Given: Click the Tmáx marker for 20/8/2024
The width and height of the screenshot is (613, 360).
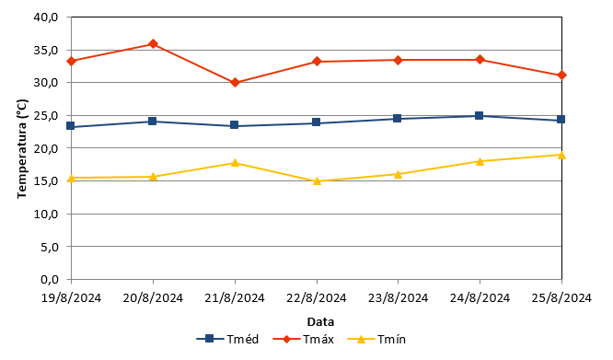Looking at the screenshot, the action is click(x=153, y=44).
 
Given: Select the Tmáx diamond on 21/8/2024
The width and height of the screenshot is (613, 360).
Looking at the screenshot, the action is click(x=235, y=83).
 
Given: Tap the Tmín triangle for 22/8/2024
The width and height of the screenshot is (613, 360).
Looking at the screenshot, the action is click(x=317, y=181).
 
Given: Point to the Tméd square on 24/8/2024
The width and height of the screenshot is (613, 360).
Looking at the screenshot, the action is click(x=480, y=116).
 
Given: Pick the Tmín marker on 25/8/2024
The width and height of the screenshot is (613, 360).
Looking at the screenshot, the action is click(x=561, y=156).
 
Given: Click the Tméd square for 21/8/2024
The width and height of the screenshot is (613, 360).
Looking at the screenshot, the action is click(x=234, y=125).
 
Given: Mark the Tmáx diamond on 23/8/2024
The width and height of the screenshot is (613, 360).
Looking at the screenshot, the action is click(x=398, y=60).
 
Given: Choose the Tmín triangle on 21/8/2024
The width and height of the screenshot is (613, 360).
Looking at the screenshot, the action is click(x=235, y=163).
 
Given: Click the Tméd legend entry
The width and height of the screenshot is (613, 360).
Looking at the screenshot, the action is click(x=227, y=339).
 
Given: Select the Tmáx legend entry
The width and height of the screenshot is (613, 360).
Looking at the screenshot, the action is click(x=304, y=339).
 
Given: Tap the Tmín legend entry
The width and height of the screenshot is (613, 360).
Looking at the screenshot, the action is click(x=376, y=339).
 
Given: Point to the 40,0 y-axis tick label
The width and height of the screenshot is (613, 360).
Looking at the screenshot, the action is click(x=46, y=17).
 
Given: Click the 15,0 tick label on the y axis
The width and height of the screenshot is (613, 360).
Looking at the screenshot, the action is click(x=46, y=181).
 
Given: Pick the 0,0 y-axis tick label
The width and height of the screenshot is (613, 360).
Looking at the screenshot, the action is click(x=50, y=280).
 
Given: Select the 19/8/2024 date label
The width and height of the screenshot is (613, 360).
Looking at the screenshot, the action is click(x=71, y=298).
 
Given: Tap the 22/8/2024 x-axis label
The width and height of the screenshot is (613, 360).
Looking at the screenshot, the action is click(x=317, y=298).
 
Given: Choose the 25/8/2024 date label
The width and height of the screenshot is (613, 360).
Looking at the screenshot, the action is click(x=561, y=298).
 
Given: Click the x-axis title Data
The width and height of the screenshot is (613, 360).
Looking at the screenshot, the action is click(x=320, y=322).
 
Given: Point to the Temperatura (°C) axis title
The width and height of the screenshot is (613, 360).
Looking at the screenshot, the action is click(x=22, y=148).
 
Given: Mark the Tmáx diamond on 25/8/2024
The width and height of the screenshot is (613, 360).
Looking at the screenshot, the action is click(x=561, y=75).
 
